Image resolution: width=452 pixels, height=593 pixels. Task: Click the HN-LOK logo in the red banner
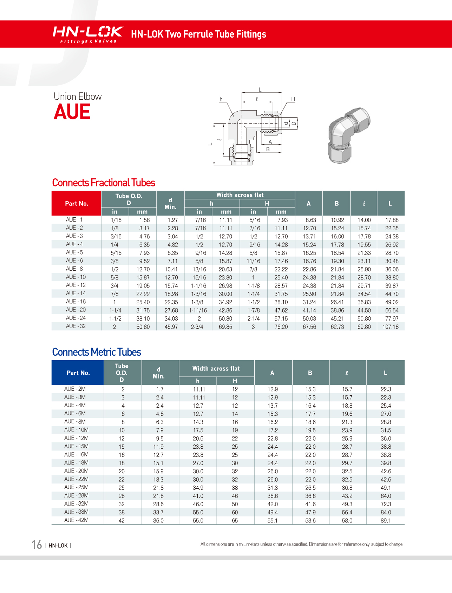click(87, 34)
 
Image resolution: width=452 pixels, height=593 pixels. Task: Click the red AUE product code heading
click(72, 112)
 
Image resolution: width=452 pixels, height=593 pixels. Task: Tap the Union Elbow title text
click(78, 97)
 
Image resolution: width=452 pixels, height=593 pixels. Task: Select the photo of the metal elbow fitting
click(348, 135)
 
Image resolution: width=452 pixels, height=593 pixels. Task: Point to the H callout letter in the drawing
click(293, 99)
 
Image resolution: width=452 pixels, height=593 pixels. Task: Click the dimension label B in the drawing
click(268, 149)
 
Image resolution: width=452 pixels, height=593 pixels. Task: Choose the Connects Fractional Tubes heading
click(104, 183)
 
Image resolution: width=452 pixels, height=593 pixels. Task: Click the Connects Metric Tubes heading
click(97, 352)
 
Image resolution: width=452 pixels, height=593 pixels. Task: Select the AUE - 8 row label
click(74, 269)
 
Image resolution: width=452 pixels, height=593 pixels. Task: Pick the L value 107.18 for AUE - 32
click(391, 327)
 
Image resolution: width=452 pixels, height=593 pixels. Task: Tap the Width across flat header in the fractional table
click(240, 195)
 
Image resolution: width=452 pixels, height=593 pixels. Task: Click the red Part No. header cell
click(77, 204)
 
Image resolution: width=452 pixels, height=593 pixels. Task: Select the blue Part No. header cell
click(78, 373)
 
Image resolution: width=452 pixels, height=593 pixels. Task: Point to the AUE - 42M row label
click(76, 520)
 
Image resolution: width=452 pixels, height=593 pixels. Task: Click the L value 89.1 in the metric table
click(386, 521)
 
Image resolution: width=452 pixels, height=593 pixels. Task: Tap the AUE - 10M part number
click(76, 430)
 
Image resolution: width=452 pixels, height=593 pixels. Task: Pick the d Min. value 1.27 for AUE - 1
click(172, 220)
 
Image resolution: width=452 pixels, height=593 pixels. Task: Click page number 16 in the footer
click(37, 545)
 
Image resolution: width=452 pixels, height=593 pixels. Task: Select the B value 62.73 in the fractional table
click(337, 327)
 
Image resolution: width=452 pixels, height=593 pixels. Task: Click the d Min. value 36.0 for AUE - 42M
click(158, 521)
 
